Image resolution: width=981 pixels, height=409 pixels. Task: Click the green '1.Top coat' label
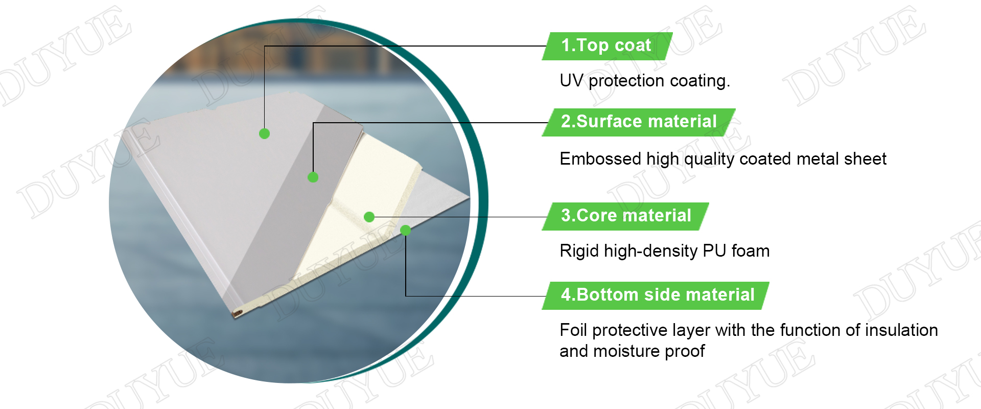pos(607,46)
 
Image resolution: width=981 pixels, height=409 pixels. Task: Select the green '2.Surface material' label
pos(639,122)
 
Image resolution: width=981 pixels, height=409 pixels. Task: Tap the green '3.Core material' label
pos(625,216)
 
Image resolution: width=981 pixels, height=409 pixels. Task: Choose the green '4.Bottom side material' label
pos(656,296)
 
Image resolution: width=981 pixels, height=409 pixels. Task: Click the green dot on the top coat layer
pos(264,133)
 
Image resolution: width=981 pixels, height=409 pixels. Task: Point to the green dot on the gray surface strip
pos(313,177)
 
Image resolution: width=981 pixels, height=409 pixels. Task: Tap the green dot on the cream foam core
pos(369,217)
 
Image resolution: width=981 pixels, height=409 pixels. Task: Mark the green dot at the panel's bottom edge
pos(406,231)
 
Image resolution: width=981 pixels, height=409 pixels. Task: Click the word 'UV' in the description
pos(571,80)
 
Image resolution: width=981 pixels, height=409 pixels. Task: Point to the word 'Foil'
pos(573,330)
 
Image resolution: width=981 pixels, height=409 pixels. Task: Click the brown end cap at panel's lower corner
pos(238,313)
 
